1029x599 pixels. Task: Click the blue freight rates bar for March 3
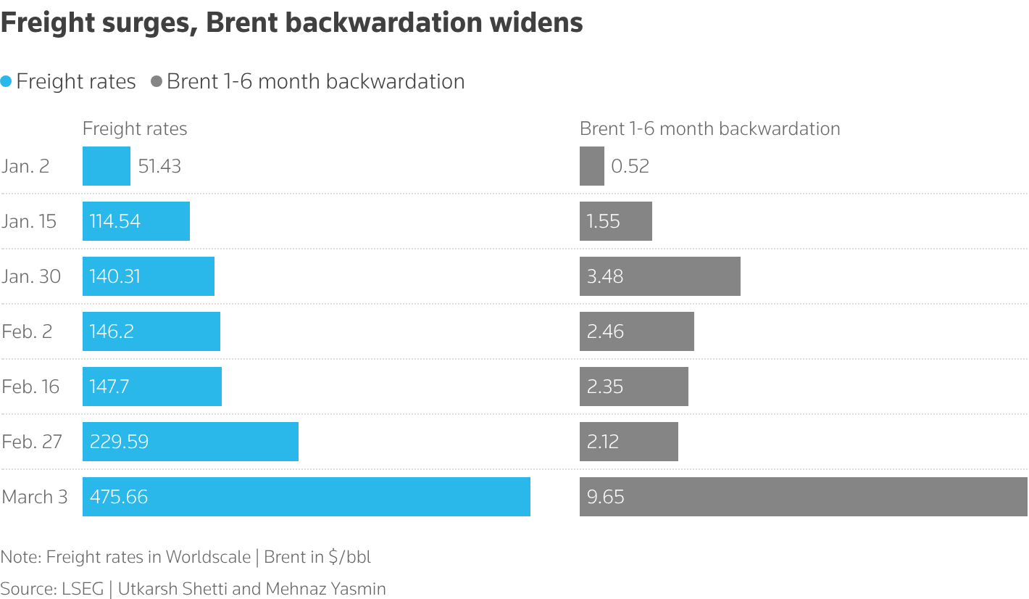[306, 497]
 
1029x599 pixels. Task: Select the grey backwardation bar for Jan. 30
[659, 276]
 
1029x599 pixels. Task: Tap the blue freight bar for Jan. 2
[106, 166]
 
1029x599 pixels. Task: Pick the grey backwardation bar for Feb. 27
[628, 442]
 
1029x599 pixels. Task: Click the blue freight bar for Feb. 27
[190, 442]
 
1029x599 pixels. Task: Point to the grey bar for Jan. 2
[591, 166]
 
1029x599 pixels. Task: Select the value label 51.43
[159, 166]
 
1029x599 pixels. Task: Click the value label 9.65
[605, 497]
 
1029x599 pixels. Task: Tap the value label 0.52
[630, 166]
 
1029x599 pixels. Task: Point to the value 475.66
[119, 497]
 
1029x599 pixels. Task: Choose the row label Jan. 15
[29, 221]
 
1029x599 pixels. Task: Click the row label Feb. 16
[30, 387]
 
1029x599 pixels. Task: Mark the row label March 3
[35, 497]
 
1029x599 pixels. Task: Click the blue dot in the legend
[7, 82]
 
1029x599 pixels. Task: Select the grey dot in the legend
[156, 82]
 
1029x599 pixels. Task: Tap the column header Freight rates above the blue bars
[135, 129]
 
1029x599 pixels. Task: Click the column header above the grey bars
[709, 129]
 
